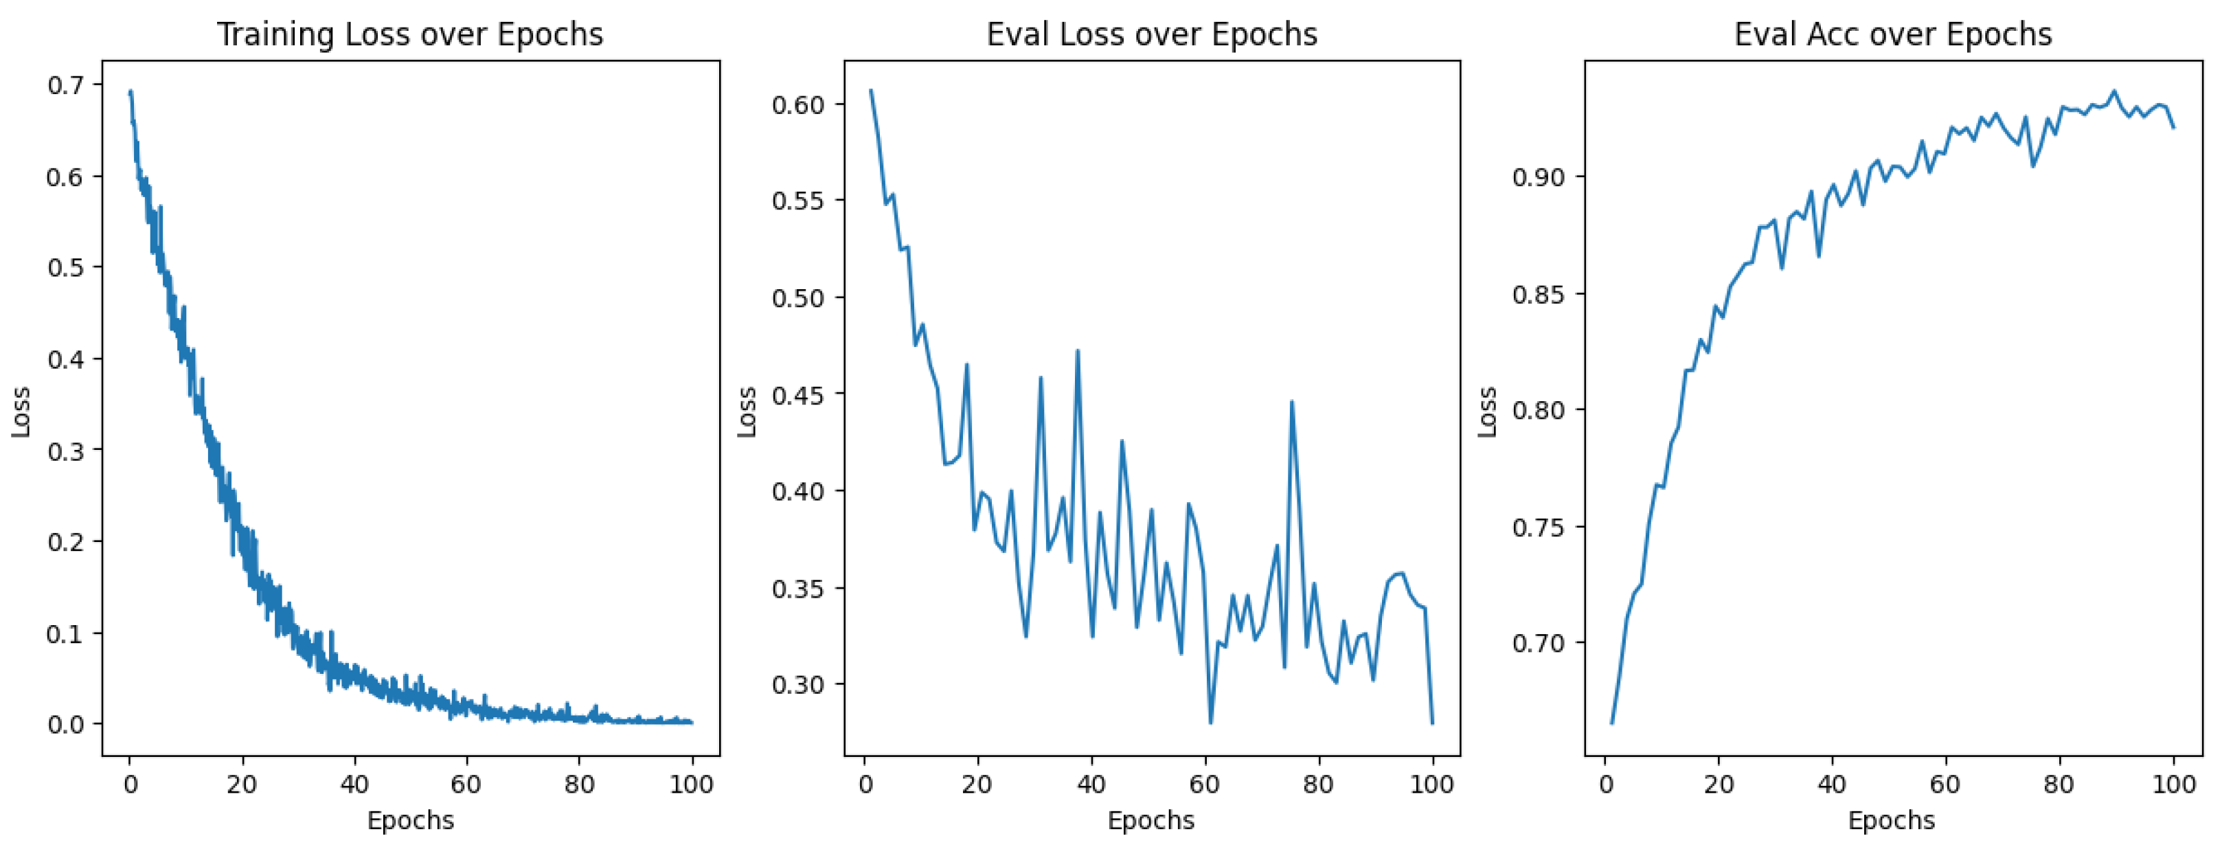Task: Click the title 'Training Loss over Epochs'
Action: coord(410,34)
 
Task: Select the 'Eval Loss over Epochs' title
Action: coord(1152,34)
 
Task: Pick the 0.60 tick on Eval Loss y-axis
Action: coord(799,104)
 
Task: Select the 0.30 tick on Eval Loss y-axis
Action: coord(799,685)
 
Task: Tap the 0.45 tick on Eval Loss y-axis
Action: coord(799,395)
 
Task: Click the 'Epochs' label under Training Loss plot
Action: coord(411,820)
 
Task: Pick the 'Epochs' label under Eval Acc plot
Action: coord(1892,820)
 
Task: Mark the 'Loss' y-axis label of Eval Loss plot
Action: coord(747,411)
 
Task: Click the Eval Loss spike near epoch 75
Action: coord(1291,402)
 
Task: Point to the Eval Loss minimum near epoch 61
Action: coord(1211,722)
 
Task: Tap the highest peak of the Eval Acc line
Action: coord(2113,91)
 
